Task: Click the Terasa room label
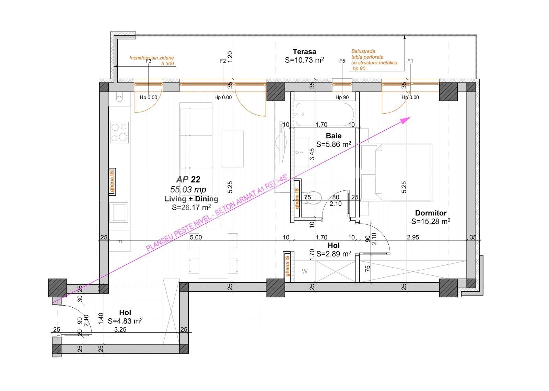[304, 52]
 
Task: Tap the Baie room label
[334, 136]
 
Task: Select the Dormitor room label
[431, 213]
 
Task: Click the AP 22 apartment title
[188, 179]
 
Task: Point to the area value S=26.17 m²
[191, 207]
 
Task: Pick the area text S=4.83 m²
[125, 321]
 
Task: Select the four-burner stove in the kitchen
[119, 132]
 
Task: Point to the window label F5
[342, 61]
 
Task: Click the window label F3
[148, 61]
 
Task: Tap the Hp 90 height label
[342, 97]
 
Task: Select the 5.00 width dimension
[196, 237]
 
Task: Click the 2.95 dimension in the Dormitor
[412, 237]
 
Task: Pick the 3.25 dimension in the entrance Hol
[120, 330]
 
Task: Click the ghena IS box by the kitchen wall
[112, 182]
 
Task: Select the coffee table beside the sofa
[233, 149]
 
